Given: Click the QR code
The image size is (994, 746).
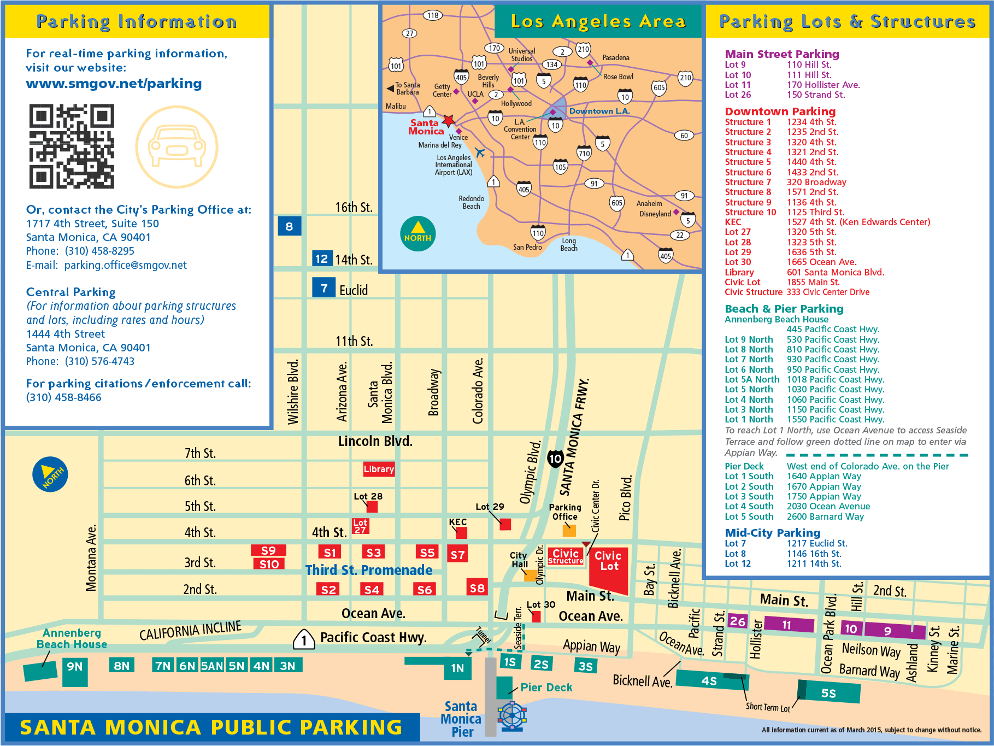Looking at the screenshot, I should pos(71,146).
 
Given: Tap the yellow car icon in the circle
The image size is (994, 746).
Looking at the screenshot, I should pos(177,147).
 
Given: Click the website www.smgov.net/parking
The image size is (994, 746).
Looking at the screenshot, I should pos(114,84).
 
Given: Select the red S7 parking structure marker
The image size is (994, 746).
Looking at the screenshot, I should pos(457,555).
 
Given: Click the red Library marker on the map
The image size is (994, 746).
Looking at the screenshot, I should pos(379,469).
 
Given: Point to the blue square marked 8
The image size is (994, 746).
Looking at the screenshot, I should pos(289,226).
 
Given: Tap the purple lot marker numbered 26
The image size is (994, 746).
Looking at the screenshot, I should pos(737,621).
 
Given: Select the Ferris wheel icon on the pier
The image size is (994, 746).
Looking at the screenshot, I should pos(512,715).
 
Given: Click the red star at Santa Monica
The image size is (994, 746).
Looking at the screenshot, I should pos(449,120).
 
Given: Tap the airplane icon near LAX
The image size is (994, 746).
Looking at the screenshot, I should pos(480,152).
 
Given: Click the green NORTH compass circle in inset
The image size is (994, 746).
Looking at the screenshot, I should pos(417,234).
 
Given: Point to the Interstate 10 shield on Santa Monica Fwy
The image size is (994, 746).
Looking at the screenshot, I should pos(555,459).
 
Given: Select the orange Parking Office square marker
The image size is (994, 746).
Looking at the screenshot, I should pos(569,530).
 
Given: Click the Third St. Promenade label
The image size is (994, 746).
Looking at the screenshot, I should pos(368,570).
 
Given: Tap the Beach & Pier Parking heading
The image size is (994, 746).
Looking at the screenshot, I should pos(784,309).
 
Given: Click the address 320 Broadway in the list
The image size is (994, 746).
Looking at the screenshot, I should pos(816,182).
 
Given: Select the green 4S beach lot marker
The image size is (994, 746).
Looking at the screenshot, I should pos(709,680).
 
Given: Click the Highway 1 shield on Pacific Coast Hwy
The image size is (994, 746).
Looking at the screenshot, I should pos(304,639).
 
